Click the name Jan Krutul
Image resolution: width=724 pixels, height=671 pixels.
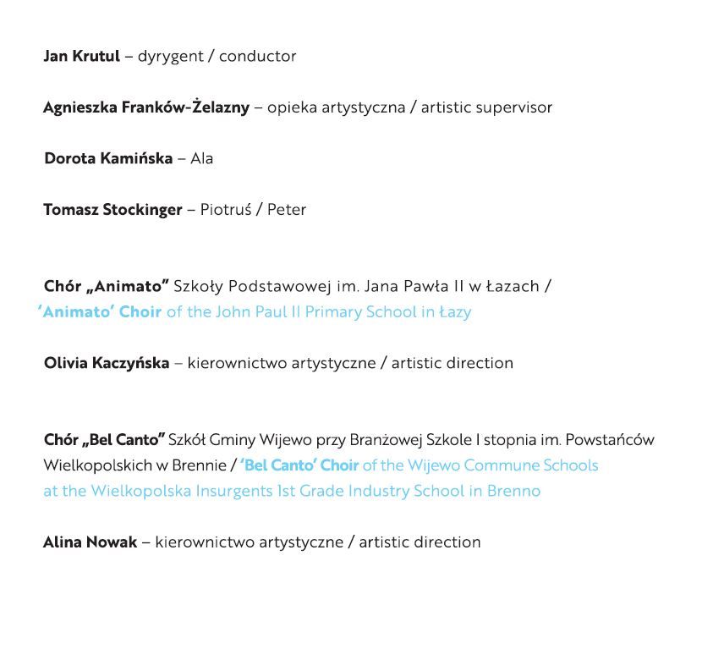click(x=81, y=57)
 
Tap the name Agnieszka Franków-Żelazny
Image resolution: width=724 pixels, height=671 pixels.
click(x=146, y=107)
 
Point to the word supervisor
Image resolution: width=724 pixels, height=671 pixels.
click(x=513, y=107)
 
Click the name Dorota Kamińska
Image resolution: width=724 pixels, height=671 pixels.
click(x=108, y=158)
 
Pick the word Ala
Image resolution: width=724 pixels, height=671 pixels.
click(x=201, y=158)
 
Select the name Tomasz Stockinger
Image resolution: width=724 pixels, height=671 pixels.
click(x=112, y=210)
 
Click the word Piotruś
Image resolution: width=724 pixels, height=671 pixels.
click(x=225, y=210)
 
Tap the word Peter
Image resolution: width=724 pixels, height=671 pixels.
click(x=287, y=210)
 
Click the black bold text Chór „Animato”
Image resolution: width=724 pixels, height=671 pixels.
click(x=107, y=286)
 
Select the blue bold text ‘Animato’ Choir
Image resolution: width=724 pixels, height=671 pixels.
click(x=100, y=311)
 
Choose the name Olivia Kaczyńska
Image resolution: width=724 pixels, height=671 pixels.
click(x=107, y=363)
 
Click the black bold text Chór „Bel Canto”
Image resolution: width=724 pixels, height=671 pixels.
click(x=104, y=440)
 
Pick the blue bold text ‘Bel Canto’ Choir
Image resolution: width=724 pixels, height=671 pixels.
click(x=299, y=465)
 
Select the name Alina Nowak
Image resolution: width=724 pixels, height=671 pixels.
click(x=90, y=542)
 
